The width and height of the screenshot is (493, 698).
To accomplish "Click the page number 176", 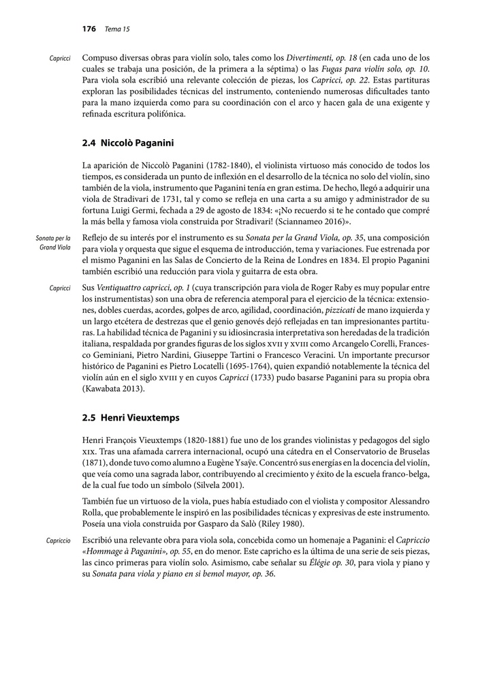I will (x=89, y=29).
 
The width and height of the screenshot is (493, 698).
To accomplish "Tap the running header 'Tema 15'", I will (x=117, y=29).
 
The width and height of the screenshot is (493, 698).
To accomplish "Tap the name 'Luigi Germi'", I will (x=133, y=211).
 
